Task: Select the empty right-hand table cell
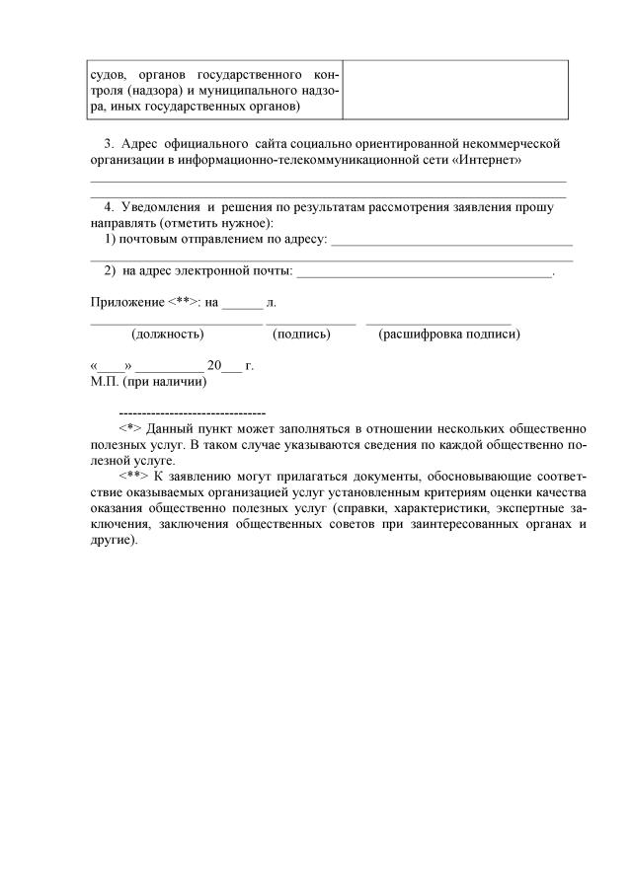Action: [455, 90]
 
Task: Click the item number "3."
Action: [110, 143]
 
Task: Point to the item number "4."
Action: [110, 207]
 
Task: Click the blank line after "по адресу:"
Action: [451, 240]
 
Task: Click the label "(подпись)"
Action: [300, 334]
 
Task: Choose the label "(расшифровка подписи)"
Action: [449, 334]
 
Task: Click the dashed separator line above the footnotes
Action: [192, 411]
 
